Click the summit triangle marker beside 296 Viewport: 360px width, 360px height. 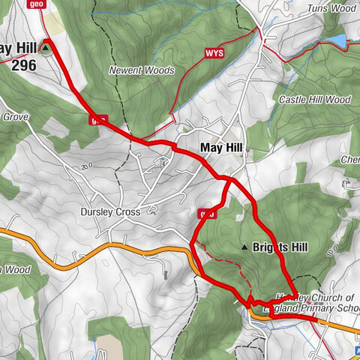tap(46, 49)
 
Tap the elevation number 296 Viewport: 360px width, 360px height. tap(22, 65)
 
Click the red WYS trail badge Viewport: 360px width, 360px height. tap(214, 53)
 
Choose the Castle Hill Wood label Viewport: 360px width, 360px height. tap(314, 99)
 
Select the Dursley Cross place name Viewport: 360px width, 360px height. tap(110, 212)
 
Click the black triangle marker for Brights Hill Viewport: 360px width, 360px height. tap(244, 247)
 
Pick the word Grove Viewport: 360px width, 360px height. tap(14, 117)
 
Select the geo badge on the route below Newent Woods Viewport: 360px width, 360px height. tap(98, 118)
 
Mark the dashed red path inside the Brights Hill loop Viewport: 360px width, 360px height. tap(218, 258)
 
